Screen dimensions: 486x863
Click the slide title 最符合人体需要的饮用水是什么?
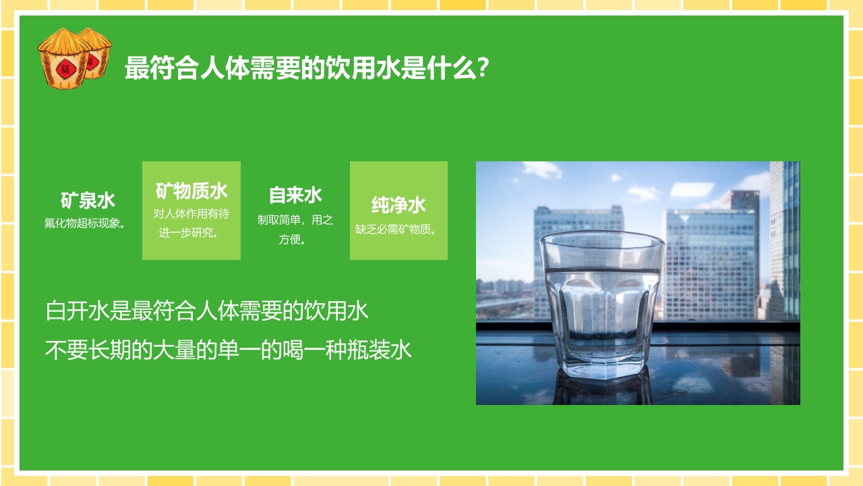[307, 68]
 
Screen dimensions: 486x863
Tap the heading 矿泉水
[88, 200]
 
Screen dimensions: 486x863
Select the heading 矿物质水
[191, 191]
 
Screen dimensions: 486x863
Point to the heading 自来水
[295, 195]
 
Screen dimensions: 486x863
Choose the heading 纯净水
[398, 205]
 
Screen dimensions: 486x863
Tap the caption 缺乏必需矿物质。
[397, 229]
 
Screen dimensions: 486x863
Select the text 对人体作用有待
[191, 213]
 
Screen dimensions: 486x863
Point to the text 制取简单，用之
[295, 219]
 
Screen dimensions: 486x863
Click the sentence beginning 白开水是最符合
[207, 311]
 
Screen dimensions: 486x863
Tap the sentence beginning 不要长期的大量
[228, 350]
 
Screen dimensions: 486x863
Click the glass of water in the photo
[601, 304]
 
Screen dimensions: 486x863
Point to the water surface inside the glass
[602, 271]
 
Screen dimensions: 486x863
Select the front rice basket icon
[65, 59]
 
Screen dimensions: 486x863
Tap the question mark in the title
[482, 68]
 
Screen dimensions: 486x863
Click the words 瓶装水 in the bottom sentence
[390, 350]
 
